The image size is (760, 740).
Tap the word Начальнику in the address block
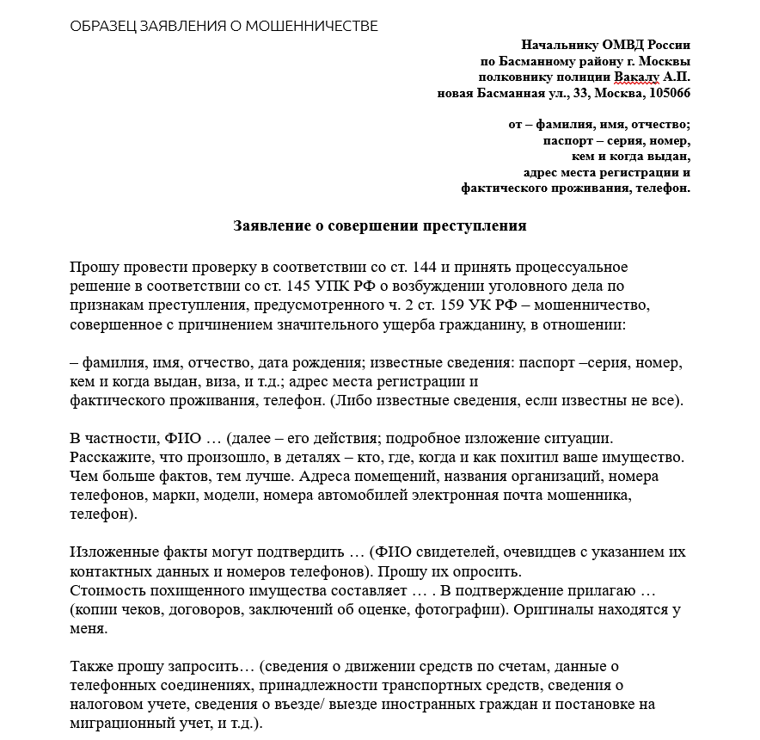point(560,46)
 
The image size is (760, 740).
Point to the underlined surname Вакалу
point(635,77)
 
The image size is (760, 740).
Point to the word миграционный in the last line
point(119,724)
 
